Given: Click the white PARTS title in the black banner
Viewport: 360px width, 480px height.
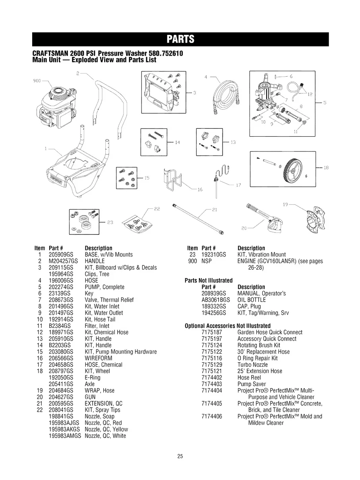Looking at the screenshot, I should point(180,39).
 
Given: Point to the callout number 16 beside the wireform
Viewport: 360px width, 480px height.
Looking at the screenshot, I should point(200,190).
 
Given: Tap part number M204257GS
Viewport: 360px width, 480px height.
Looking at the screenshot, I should point(61,261).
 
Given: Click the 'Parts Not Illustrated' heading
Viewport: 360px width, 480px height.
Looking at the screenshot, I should point(209,281).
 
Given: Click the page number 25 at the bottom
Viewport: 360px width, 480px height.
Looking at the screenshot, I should point(180,457).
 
